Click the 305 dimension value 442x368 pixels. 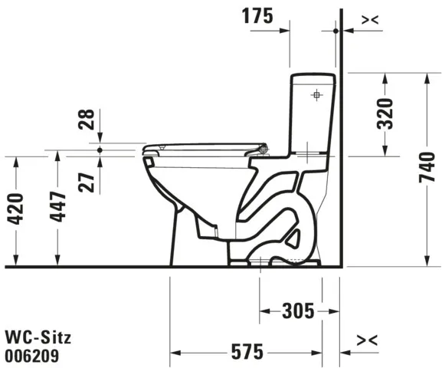(297, 310)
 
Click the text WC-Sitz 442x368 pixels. (32, 337)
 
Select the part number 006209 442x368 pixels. (32, 355)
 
